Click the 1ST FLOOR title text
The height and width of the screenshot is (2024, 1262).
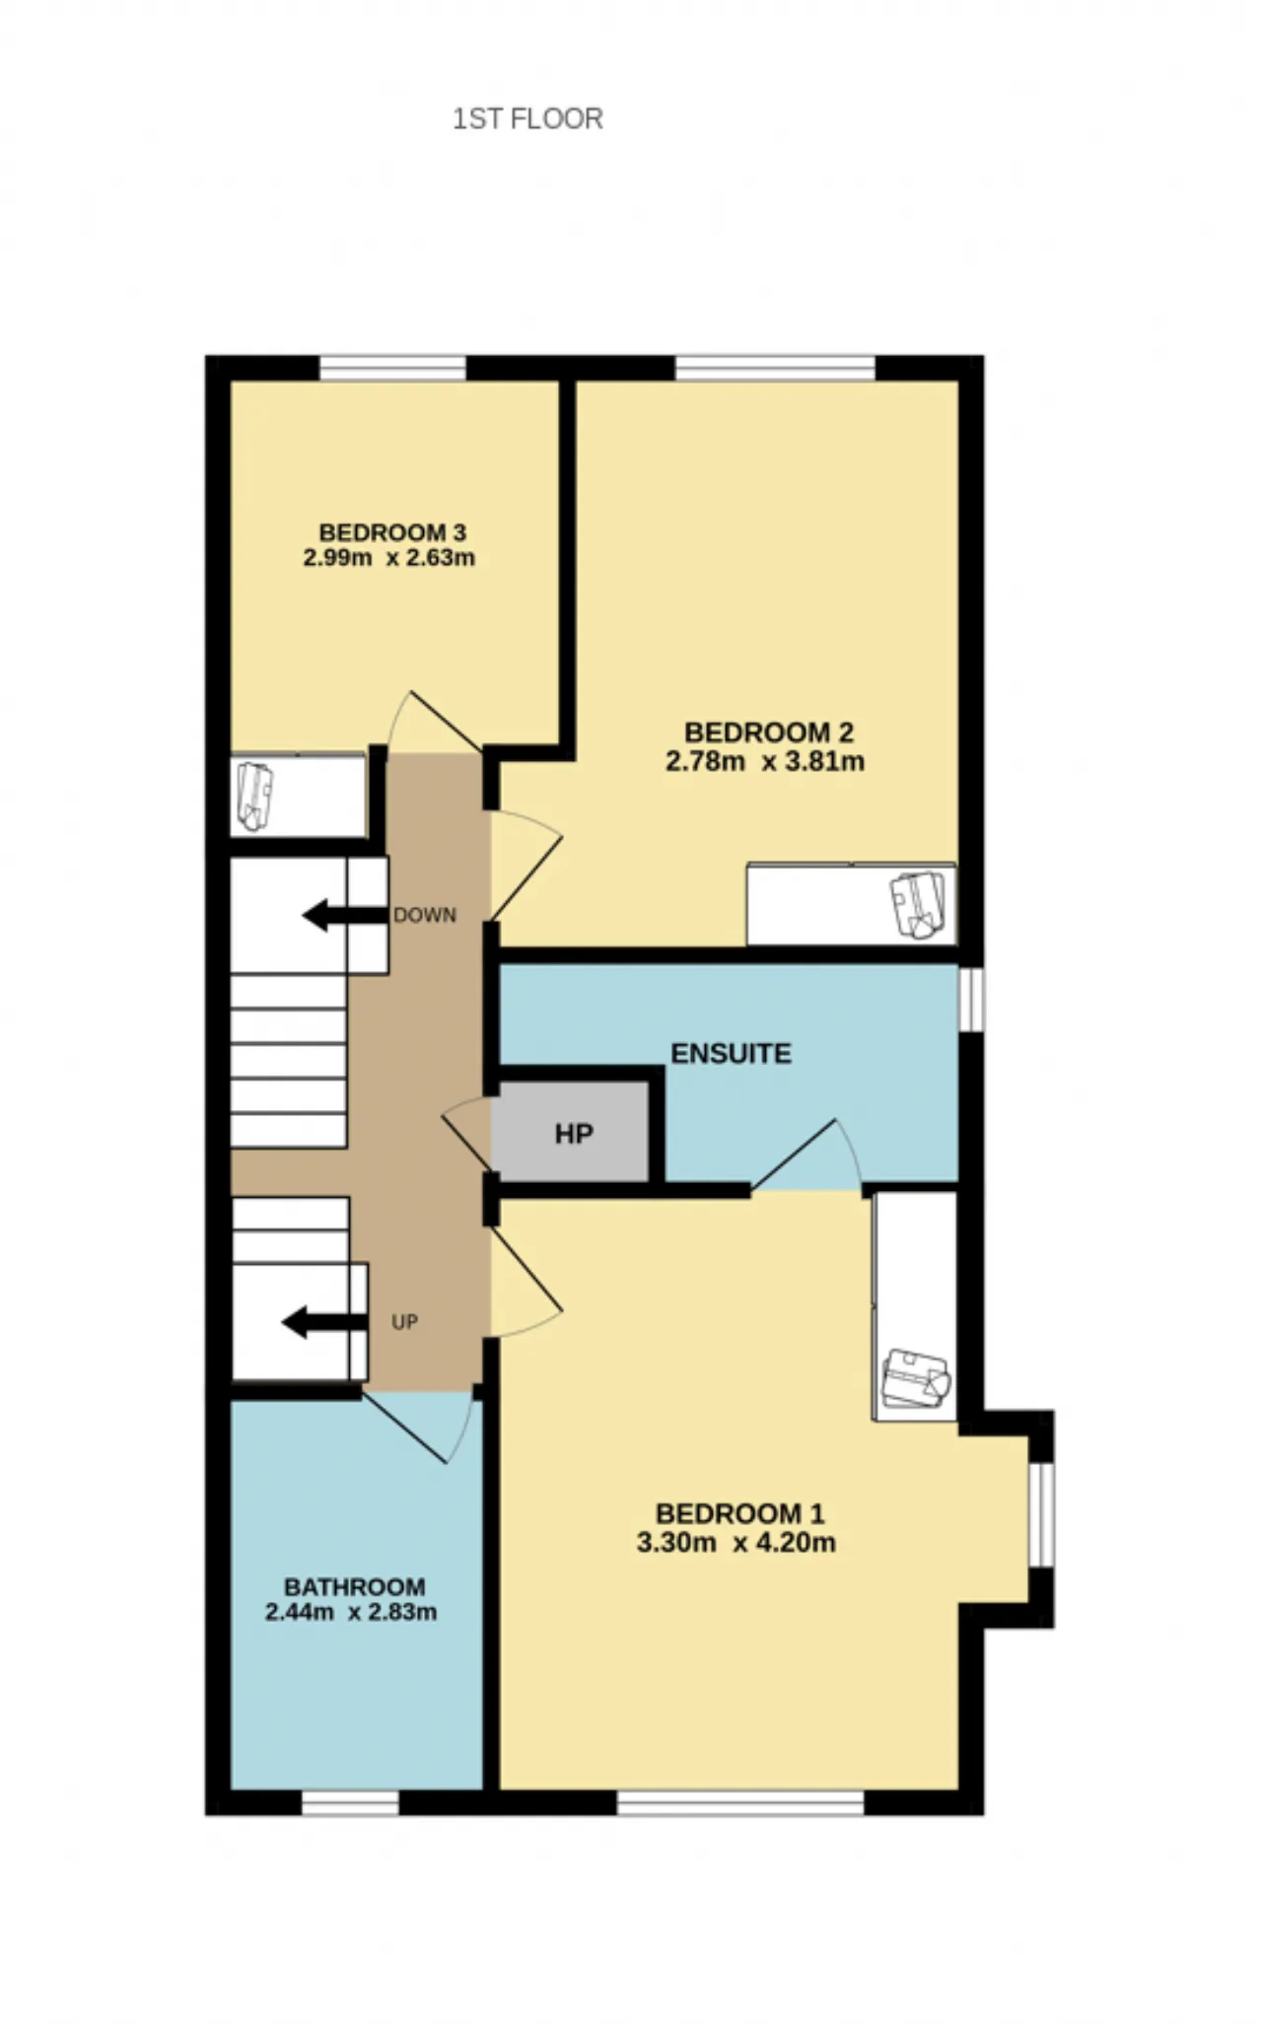click(527, 118)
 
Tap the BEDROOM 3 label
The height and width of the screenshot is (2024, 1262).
click(392, 532)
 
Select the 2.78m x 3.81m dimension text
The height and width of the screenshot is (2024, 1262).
click(765, 761)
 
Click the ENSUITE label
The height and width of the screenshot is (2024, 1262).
click(731, 1053)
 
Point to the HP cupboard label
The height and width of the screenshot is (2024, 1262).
click(574, 1134)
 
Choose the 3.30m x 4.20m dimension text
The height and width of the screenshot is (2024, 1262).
click(736, 1542)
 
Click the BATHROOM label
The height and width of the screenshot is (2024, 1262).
click(355, 1587)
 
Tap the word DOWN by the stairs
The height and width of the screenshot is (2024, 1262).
click(425, 915)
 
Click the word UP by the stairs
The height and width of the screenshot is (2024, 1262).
click(404, 1322)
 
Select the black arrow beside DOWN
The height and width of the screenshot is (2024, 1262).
click(344, 915)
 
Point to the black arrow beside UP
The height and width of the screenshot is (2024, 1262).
click(324, 1322)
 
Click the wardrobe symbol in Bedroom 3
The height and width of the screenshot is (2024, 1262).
click(254, 797)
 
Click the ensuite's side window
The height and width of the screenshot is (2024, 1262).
click(971, 999)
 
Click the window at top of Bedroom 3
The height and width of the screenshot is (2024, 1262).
click(392, 368)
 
